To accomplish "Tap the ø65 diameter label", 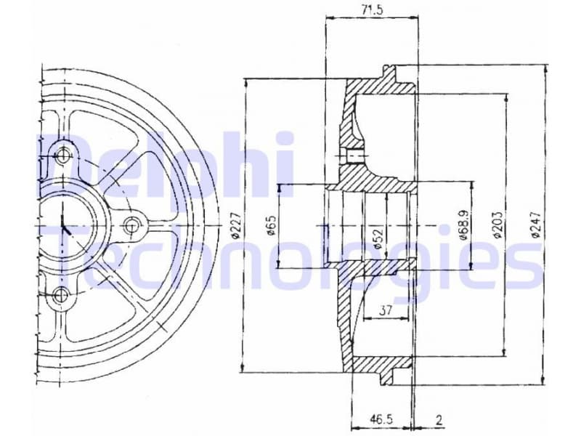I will point(269,226).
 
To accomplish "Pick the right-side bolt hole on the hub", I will point(131,226).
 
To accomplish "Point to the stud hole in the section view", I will point(354,155).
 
